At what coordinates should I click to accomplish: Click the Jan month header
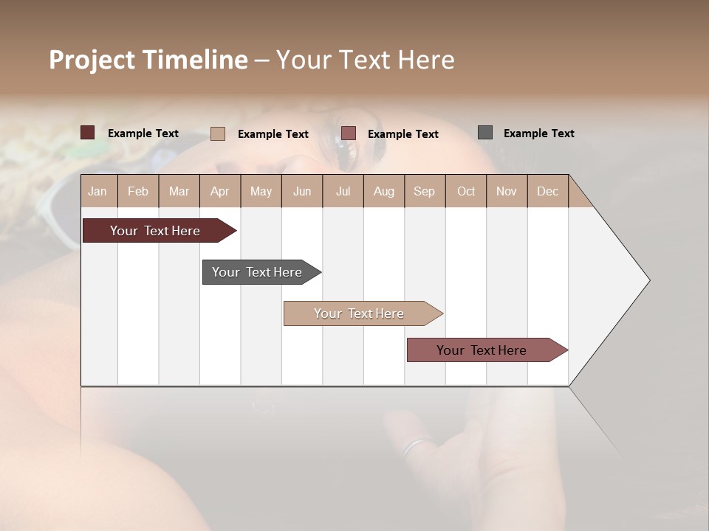point(97,191)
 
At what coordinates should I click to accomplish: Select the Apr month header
point(220,191)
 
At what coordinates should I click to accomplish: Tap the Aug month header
point(384,191)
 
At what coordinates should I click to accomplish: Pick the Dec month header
point(547,191)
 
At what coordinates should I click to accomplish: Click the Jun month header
point(302,191)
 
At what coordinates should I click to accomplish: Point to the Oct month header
point(466,191)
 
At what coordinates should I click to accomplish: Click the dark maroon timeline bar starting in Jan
point(156,231)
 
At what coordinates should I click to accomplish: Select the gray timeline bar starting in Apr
point(258,272)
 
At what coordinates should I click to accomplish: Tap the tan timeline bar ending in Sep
point(360,313)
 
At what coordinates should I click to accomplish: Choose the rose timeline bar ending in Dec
point(482,350)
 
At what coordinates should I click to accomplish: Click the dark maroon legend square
point(88,133)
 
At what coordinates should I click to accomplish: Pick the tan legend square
point(218,133)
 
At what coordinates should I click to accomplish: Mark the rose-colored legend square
point(349,133)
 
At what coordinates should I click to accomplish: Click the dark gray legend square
point(485,133)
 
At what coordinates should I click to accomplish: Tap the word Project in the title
point(92,60)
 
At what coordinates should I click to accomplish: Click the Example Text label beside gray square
point(538,133)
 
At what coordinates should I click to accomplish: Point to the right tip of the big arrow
point(648,280)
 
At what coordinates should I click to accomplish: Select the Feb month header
point(138,191)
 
